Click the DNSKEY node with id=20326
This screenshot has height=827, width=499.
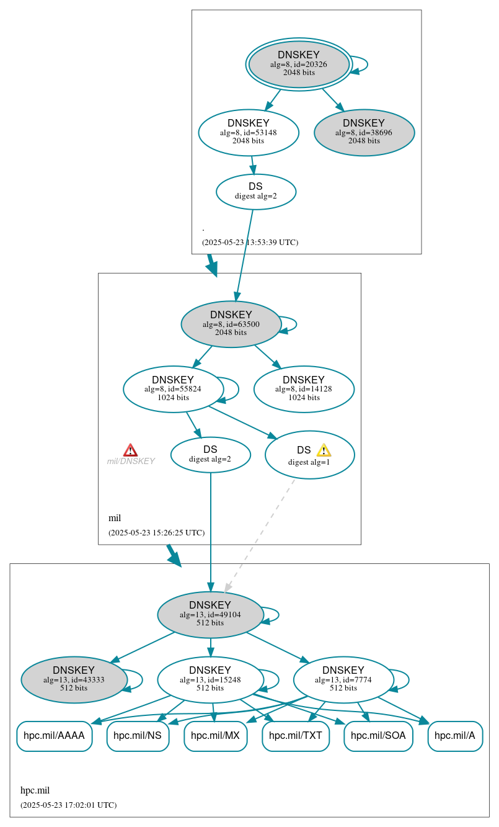[299, 64]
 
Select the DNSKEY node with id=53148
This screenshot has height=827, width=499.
[249, 132]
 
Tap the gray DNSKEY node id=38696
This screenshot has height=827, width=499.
[364, 132]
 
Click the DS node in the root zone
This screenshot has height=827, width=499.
[255, 191]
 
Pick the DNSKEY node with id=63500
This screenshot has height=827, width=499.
[231, 324]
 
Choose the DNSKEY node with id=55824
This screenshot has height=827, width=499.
[173, 389]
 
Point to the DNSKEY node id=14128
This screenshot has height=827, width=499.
[304, 389]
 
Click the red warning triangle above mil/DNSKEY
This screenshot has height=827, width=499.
[130, 450]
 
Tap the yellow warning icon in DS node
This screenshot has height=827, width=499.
[324, 450]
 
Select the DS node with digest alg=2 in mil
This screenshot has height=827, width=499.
[210, 454]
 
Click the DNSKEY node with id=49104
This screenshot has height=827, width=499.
[210, 614]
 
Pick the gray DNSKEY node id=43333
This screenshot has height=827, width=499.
[74, 679]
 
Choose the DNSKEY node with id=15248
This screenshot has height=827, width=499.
[210, 679]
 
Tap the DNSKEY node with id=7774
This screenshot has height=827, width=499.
[343, 679]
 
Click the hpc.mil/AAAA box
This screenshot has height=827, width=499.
[55, 736]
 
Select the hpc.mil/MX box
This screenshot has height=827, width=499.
[216, 736]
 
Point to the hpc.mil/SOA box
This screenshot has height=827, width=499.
[378, 736]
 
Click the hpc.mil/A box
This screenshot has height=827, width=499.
[455, 736]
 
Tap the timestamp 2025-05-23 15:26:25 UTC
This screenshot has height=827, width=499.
[156, 532]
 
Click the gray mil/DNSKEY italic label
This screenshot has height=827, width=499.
[131, 461]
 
